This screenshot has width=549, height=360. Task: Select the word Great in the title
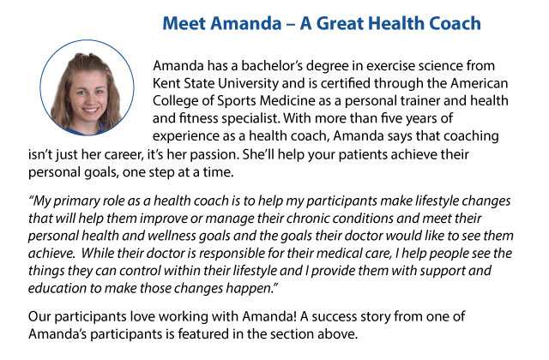point(340,23)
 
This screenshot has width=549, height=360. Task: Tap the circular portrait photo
point(87,87)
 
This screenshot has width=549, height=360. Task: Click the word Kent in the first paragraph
point(166,83)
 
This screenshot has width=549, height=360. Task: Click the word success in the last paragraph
point(333,317)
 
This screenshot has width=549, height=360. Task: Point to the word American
point(479,83)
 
